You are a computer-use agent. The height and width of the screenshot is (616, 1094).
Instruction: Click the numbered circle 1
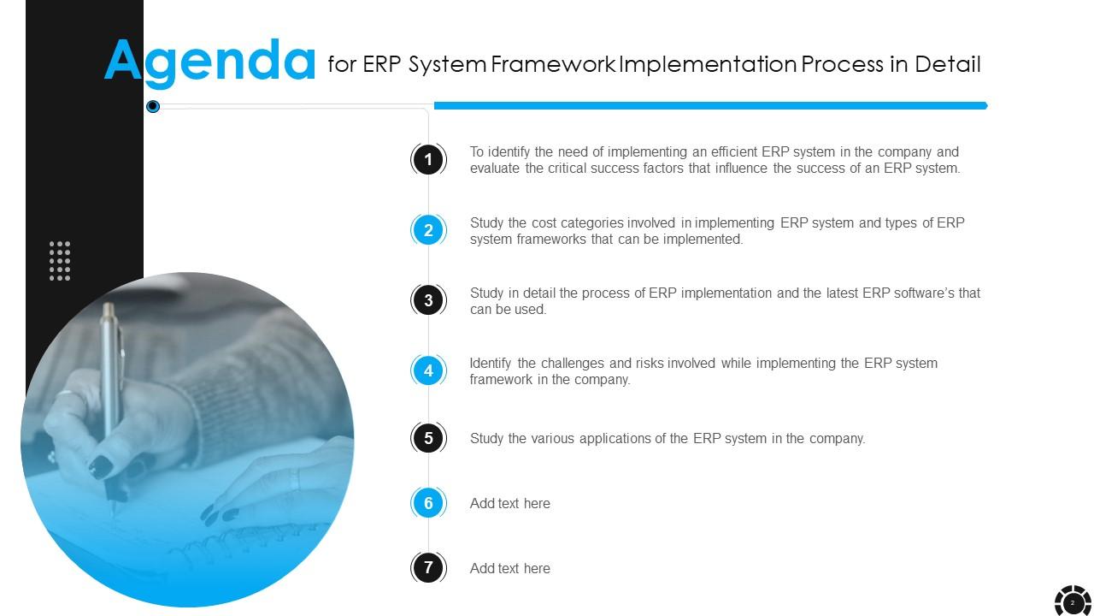[x=428, y=159]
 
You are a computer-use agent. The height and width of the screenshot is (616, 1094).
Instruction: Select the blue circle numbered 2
[x=428, y=230]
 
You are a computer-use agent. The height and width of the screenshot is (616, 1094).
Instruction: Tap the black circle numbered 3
[x=428, y=300]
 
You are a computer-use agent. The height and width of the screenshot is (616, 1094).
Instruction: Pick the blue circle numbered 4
[x=428, y=370]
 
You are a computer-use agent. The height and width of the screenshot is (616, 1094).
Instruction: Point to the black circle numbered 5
[x=428, y=438]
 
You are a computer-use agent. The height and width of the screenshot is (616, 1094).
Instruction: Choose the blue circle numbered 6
[x=428, y=503]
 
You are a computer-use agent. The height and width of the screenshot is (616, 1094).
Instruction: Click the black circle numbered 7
[x=428, y=567]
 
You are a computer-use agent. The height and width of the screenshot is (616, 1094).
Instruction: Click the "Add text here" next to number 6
[x=510, y=503]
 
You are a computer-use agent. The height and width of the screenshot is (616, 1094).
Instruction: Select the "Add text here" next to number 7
[x=510, y=568]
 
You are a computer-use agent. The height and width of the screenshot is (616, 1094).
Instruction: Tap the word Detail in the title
[x=948, y=64]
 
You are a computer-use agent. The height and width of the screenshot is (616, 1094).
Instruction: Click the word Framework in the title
[x=553, y=64]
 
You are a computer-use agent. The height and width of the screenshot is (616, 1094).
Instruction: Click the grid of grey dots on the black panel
[x=60, y=261]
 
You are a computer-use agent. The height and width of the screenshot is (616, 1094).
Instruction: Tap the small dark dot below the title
[x=153, y=106]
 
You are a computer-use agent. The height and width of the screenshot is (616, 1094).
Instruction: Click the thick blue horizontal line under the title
[x=710, y=105]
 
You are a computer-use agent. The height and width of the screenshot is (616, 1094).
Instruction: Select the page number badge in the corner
[x=1073, y=602]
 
